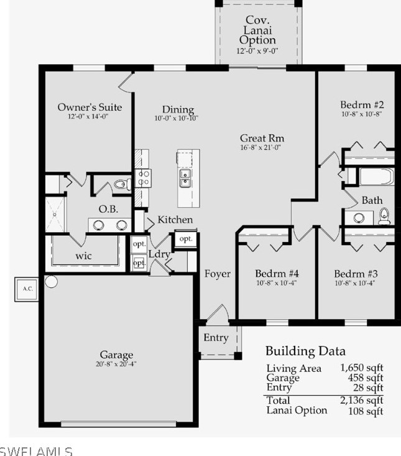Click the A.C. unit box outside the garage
27,288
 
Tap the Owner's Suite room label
90,108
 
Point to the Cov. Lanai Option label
257,30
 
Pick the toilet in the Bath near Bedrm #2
384,216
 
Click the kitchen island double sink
185,179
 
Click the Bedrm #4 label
277,274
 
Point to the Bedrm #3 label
356,274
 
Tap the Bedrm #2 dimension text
361,114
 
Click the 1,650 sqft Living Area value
362,368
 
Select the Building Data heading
305,351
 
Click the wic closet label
84,255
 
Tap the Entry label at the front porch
216,338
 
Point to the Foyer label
218,274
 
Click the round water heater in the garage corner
51,281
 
